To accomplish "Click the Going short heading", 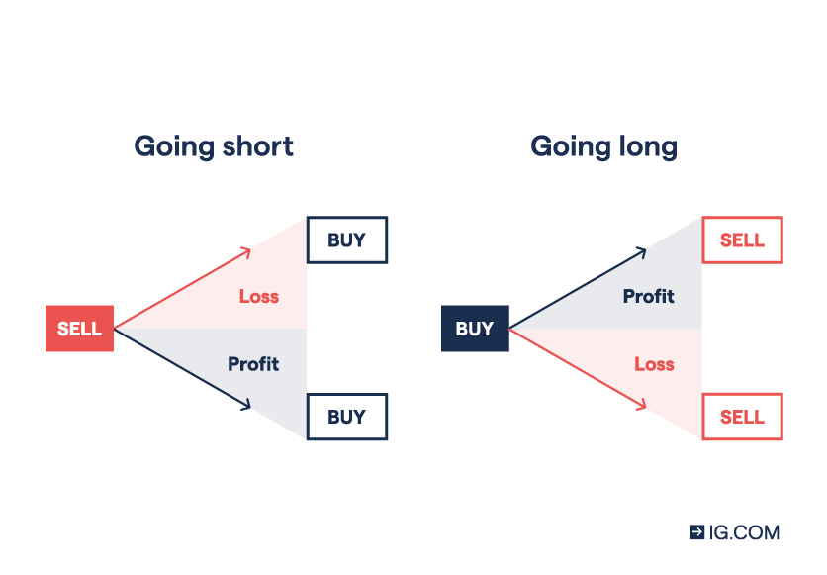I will [x=214, y=146].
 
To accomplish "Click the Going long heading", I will [x=603, y=146].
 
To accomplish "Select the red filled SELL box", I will [x=80, y=329].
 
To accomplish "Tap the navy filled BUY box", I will [x=475, y=329].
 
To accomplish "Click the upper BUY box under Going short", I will [x=346, y=240].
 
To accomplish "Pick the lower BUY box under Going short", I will [x=346, y=417].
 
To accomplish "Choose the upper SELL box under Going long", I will [x=742, y=240].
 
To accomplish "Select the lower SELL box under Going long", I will [x=742, y=417].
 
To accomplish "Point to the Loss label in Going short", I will [x=259, y=296].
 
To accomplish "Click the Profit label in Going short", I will [x=253, y=364].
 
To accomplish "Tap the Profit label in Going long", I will [x=649, y=296].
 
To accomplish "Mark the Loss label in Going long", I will [x=654, y=364].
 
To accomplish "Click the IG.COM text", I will [x=744, y=532].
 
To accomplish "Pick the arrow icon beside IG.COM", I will [x=697, y=532].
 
